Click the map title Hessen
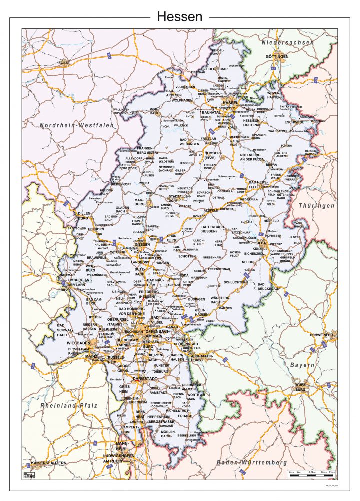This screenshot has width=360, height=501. point(180,17)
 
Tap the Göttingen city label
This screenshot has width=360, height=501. point(277,57)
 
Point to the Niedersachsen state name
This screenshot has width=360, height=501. point(288,43)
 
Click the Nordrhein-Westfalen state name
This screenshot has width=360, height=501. point(77,126)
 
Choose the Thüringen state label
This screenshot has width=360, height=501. point(316,206)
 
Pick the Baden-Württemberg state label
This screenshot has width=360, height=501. point(252,462)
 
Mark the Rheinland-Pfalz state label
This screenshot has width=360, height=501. point(70,405)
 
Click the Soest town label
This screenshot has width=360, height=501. point(64,63)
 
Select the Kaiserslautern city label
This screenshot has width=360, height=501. point(48,463)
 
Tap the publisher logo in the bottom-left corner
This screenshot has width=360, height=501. point(29,474)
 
